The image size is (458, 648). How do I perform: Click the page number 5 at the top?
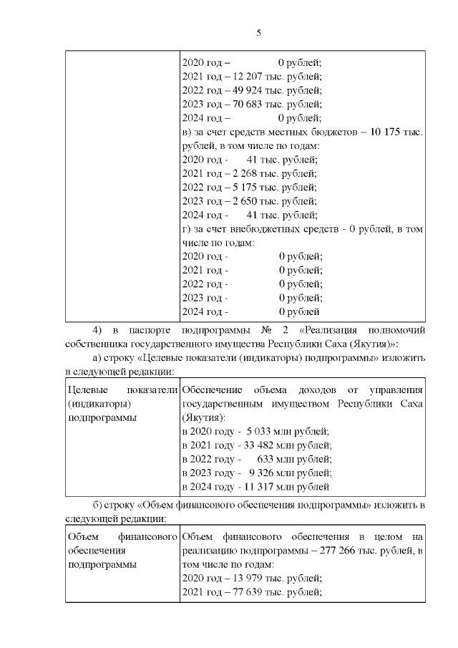(x=258, y=32)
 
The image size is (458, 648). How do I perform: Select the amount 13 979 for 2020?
(x=249, y=578)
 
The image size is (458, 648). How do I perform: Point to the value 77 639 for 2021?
(x=249, y=591)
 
